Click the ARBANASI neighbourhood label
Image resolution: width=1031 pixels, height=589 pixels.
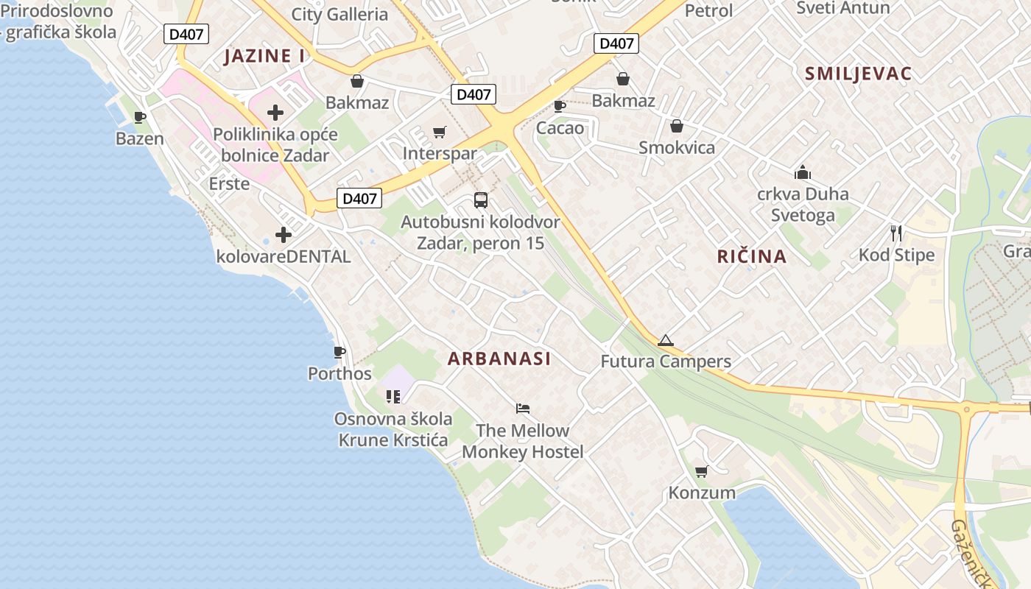pos(499,359)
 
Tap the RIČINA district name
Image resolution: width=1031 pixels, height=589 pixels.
pos(752,256)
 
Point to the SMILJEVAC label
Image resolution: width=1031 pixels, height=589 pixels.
pos(858,74)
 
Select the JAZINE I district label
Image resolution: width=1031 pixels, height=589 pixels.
pos(264,57)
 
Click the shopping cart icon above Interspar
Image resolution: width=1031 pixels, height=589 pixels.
pos(440,132)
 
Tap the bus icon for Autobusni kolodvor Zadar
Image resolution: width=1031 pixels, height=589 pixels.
pos(481,200)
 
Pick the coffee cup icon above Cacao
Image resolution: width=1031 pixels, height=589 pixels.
pos(560,106)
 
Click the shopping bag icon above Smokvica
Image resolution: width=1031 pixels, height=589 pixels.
pos(676,126)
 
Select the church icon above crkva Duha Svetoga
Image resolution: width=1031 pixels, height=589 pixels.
pos(803,172)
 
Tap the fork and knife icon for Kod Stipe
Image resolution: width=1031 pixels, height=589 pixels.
pos(896,233)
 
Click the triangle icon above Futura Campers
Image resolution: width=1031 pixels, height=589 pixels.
pos(666,340)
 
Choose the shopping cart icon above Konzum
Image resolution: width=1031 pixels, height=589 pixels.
pos(701,471)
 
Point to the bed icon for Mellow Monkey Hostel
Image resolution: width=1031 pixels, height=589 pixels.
pos(523,409)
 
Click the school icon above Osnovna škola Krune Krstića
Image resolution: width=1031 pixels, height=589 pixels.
pos(393,397)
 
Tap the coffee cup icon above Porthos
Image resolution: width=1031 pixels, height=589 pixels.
pos(339,352)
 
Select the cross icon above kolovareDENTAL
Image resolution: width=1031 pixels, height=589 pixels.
pos(284,235)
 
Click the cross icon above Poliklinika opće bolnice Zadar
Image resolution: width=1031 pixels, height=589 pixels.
pos(275,113)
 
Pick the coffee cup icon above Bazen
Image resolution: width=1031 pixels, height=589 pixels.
pos(140,116)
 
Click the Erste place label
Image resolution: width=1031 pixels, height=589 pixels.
pos(229,183)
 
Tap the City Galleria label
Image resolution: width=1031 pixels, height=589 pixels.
pos(339,14)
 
